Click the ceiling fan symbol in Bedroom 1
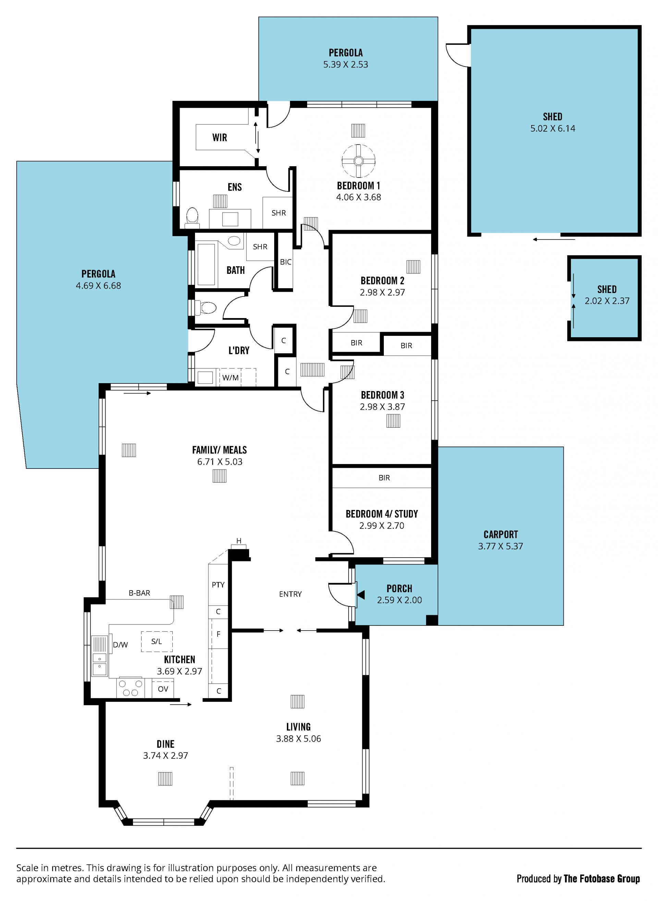tap(358, 160)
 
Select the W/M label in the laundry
tap(230, 378)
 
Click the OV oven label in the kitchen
tap(163, 689)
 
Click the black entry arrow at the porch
tap(361, 595)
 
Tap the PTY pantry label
tap(218, 585)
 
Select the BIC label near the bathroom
tap(285, 262)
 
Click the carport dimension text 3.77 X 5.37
tap(500, 546)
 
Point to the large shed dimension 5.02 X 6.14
tap(552, 128)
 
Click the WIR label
tap(219, 137)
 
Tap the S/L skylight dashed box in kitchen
tap(157, 641)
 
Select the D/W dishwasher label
tap(120, 645)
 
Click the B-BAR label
tap(139, 593)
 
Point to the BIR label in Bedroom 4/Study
tap(384, 478)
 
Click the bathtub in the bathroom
tap(206, 264)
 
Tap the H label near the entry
tap(239, 540)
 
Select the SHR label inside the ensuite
tap(278, 213)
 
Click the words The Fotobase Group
tap(601, 878)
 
